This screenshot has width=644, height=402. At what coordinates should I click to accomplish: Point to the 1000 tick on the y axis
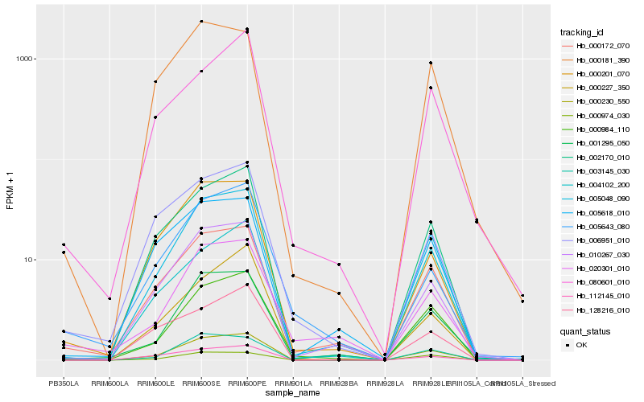[24, 59]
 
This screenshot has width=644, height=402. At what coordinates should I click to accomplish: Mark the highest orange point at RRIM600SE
[201, 22]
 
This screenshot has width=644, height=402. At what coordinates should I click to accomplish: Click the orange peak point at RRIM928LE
[431, 63]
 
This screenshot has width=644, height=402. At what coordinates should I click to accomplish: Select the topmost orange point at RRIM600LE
[155, 81]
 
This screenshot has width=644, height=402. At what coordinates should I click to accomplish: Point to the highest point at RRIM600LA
[109, 298]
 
